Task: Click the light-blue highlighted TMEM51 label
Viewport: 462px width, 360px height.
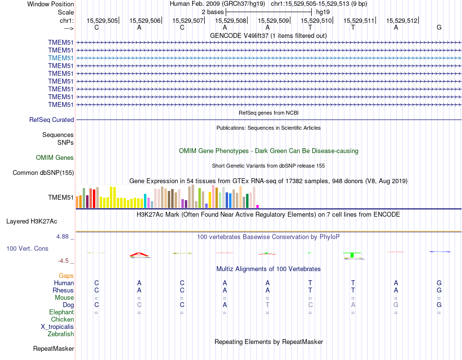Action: pos(61,58)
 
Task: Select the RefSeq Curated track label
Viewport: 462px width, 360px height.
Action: pos(52,120)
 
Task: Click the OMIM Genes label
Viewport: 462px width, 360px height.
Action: pos(55,157)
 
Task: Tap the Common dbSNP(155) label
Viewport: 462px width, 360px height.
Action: pos(43,172)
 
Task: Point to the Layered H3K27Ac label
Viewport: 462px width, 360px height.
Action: pos(32,221)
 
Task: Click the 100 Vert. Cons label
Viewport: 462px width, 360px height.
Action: pos(27,248)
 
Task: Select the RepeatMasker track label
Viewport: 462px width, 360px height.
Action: pos(53,348)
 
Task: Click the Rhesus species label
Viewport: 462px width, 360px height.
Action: pos(63,290)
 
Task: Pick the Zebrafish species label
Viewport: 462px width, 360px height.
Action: pos(61,334)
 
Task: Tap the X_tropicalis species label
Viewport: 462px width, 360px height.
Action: pos(57,326)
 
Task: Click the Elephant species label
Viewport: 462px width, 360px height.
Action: pos(62,312)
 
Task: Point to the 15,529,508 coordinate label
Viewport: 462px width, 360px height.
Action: pos(231,20)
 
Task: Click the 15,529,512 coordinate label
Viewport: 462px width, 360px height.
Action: pos(402,20)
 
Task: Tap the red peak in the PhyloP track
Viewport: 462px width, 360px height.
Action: pos(139,254)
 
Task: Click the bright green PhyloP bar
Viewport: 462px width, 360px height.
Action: pos(352,255)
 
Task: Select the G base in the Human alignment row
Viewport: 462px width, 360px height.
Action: pos(439,283)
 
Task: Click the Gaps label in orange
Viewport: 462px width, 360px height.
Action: pos(66,275)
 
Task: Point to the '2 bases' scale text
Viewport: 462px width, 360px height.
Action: pos(213,11)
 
